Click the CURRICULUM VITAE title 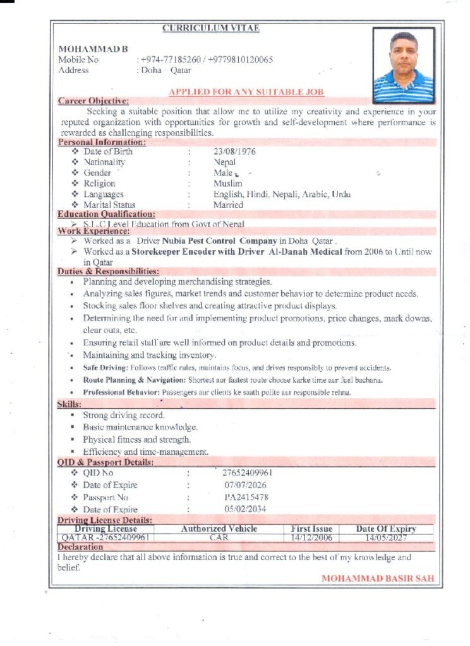[211, 28]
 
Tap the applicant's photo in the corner [403, 65]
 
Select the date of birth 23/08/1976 [234, 151]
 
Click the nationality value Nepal [224, 162]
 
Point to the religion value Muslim [227, 184]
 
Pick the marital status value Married [228, 205]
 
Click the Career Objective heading [93, 100]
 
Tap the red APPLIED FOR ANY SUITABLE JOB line [246, 92]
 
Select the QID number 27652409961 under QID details [248, 473]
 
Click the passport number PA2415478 [246, 497]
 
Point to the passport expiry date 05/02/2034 [245, 509]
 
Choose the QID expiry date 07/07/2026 [245, 485]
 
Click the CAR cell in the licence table [219, 538]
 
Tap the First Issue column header [311, 529]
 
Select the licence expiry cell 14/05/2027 [385, 538]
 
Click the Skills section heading [69, 403]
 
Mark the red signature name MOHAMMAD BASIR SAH [378, 578]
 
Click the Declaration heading [80, 547]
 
